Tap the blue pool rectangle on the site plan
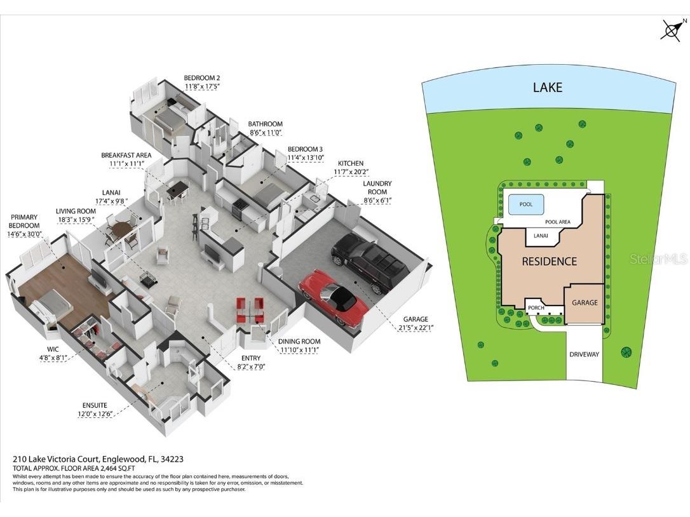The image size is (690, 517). pos(526,204)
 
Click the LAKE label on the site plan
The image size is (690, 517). pos(548,87)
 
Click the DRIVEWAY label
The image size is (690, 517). pos(584,354)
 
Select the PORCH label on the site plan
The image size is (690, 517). pos(536,308)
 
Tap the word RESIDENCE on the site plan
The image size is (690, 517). pos(549,262)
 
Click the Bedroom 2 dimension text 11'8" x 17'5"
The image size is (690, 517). pos(201,86)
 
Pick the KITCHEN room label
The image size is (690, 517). pos(351,163)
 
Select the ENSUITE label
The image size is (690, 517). pos(95,405)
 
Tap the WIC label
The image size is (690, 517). pos(53,349)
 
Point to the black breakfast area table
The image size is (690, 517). pos(177,190)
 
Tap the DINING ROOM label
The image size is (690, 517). pos(299,342)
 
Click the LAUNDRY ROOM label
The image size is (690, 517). pos(377,187)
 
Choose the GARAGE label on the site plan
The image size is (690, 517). pos(585,303)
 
